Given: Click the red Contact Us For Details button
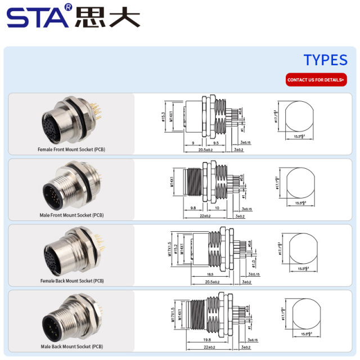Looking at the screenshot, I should tap(316, 80).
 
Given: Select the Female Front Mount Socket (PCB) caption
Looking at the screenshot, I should tap(71, 150).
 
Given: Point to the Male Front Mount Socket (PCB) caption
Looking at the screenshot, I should tap(71, 215).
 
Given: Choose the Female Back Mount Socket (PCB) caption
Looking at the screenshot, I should tap(72, 281).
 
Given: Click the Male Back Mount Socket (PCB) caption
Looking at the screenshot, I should tap(71, 346).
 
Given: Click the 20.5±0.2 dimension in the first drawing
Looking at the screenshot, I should tap(205, 150).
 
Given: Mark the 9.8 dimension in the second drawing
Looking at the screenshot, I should tap(193, 208).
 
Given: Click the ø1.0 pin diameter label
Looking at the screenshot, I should tap(254, 264).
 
